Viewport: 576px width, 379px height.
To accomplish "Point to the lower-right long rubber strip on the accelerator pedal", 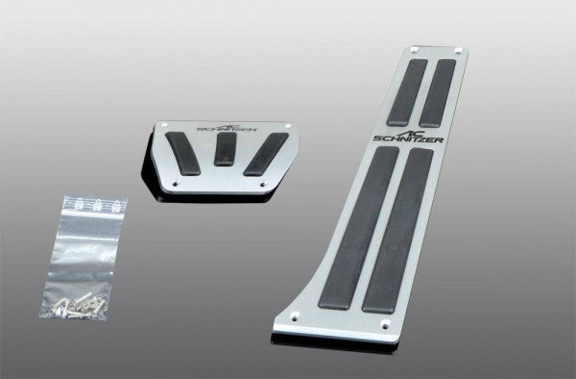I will (x=395, y=227).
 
